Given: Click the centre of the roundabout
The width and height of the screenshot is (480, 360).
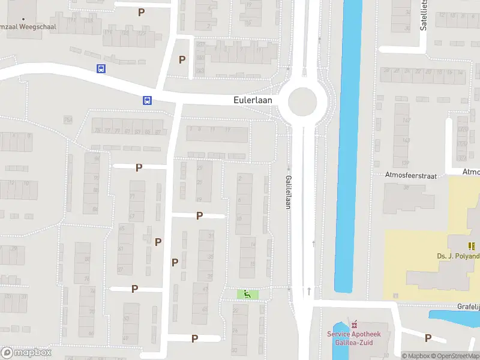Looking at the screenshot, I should (x=302, y=102).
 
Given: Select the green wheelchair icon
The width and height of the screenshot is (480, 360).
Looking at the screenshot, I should (x=246, y=294).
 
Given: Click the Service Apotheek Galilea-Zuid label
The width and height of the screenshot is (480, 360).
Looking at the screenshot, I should (x=354, y=338).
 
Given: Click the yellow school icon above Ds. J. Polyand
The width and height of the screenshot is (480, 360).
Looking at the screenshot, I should (x=471, y=245).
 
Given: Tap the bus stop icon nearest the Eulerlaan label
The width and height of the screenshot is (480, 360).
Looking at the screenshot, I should (x=147, y=100).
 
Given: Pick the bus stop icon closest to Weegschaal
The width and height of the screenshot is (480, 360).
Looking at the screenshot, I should (x=101, y=68).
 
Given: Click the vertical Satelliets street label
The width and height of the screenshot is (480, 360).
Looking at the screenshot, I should (x=424, y=15).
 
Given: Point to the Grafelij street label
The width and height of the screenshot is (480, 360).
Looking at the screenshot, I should (x=469, y=307).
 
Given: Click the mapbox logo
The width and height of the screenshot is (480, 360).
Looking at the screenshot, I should (x=26, y=353).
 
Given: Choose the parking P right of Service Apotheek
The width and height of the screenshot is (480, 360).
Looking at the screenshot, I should (x=427, y=338).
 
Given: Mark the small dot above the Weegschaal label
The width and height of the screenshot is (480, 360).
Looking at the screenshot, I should (x=23, y=19).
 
